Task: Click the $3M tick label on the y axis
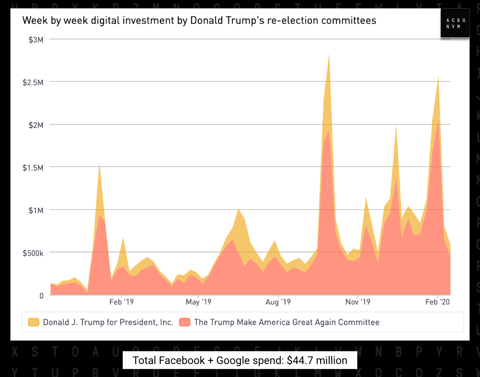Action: coord(36,39)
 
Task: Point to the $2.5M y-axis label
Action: coord(33,82)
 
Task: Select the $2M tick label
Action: coord(36,125)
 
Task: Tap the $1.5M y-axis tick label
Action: coord(33,167)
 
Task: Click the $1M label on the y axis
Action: coord(36,210)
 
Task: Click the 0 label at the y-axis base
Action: coord(41,296)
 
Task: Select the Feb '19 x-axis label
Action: coord(121,302)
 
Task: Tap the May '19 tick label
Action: coord(198,302)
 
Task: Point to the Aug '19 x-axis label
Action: coord(278,302)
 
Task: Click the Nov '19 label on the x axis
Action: coord(358,302)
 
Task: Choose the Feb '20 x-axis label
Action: coord(437,302)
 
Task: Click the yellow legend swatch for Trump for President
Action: coord(34,322)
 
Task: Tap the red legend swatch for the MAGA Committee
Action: coord(184,322)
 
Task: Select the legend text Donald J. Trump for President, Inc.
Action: coord(108,322)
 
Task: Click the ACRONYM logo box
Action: coord(455,23)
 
